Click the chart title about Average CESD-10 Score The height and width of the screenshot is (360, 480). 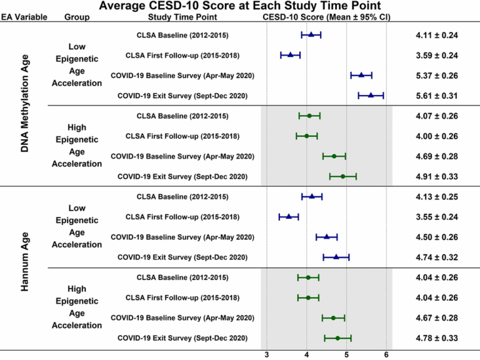240,6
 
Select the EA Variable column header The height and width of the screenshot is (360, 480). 23,17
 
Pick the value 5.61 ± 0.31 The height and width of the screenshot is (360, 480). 437,96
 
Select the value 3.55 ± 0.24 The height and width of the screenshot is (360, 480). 437,217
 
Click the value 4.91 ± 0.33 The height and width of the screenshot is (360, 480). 437,176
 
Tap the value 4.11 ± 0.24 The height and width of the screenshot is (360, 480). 437,35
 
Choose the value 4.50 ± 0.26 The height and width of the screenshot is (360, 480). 437,237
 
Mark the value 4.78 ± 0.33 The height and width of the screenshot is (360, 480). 437,338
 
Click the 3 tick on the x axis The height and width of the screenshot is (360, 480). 267,354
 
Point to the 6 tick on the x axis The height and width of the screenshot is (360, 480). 386,354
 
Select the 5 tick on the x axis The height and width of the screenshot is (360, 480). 347,354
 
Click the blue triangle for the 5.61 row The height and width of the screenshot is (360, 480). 371,96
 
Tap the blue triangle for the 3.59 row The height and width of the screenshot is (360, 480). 290,55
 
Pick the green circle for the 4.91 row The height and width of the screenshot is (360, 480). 342,176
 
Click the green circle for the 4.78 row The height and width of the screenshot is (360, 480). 337,338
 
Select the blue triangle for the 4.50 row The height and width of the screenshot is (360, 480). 326,237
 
